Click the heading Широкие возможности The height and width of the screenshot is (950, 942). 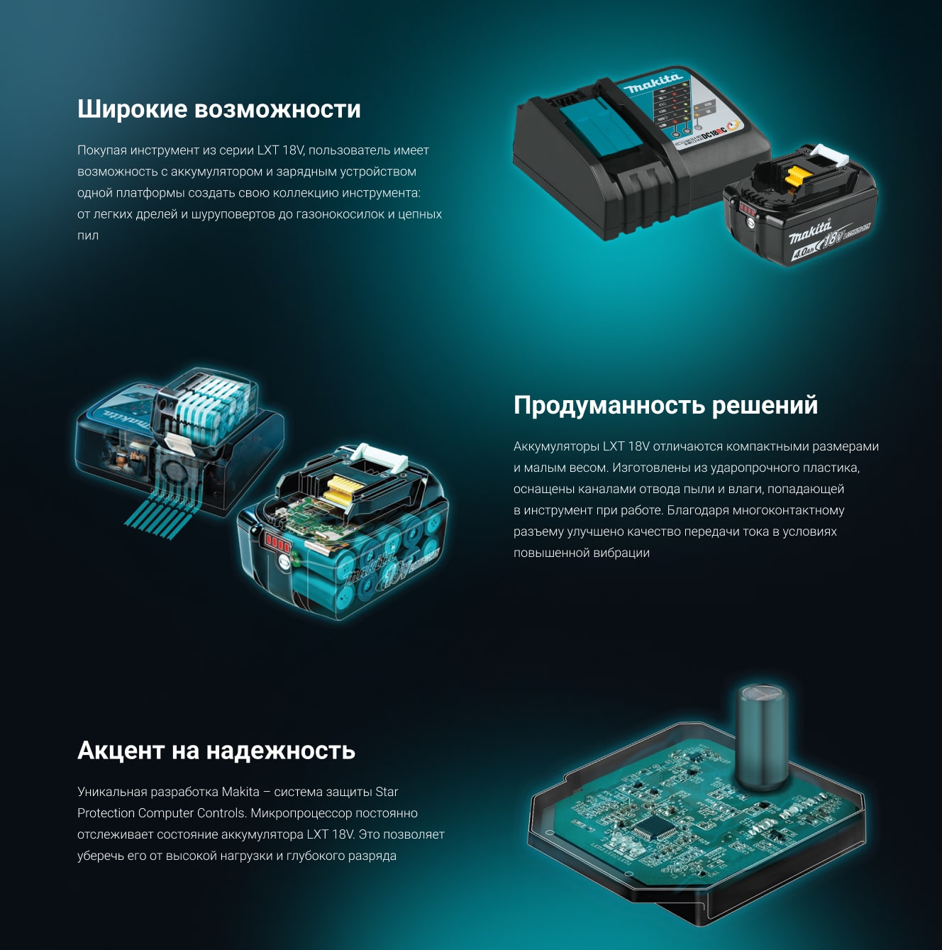click(x=219, y=109)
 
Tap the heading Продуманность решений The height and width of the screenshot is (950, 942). click(x=665, y=405)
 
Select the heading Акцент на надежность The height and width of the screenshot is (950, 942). click(x=216, y=751)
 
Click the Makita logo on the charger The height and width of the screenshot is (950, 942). click(x=654, y=84)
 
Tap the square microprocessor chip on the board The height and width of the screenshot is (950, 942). click(x=654, y=829)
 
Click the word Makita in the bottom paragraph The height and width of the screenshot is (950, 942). click(x=240, y=792)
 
